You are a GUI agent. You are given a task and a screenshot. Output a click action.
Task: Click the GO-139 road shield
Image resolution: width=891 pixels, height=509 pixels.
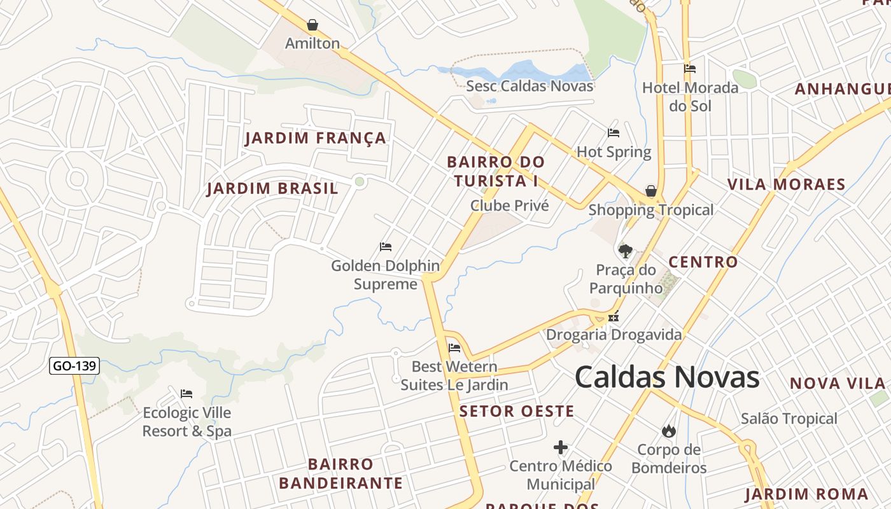coord(74,366)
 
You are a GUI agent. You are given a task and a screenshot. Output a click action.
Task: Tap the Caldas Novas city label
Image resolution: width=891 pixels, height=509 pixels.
coord(667,377)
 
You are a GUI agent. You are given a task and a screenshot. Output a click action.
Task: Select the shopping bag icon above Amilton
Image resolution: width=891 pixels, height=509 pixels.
coord(312,25)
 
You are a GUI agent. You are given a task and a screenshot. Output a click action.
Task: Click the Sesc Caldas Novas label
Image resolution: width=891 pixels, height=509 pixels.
coord(530,86)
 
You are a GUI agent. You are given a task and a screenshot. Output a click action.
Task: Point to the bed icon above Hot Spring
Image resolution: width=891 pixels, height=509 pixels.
coord(614,132)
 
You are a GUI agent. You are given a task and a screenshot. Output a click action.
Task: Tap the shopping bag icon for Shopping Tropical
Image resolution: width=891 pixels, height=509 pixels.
coord(651,191)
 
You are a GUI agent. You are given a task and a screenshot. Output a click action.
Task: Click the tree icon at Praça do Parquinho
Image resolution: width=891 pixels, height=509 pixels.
coord(626,251)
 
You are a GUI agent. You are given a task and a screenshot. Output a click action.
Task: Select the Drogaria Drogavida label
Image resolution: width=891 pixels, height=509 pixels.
coord(614,335)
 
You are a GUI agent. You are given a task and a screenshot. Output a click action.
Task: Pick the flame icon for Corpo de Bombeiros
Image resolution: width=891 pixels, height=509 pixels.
coord(668,431)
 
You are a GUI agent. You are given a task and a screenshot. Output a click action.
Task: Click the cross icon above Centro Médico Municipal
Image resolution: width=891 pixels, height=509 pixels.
coord(561,447)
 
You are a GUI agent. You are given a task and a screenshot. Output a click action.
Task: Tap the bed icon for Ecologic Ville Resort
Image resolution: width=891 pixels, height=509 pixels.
coord(186,394)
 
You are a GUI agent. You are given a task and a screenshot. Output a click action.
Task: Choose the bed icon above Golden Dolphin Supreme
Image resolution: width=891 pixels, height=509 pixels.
coord(385,246)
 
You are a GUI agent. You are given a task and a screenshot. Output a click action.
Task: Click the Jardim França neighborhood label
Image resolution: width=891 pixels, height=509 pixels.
coord(315,138)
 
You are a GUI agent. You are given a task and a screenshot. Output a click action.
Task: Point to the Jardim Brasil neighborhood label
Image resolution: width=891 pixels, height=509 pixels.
coord(272,189)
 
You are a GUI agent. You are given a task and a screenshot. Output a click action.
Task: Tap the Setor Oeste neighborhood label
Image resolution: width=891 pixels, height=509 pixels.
coord(517,412)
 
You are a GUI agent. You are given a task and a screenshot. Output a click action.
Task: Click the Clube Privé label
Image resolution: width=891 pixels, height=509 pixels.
coord(509,206)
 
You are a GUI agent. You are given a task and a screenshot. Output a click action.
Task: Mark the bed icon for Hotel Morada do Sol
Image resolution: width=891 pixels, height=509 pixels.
coord(690,69)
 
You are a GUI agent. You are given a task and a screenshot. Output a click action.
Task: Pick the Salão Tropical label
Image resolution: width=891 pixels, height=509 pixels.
coord(789,419)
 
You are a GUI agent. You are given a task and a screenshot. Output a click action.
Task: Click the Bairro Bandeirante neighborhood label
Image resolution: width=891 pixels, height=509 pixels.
coord(340,473)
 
